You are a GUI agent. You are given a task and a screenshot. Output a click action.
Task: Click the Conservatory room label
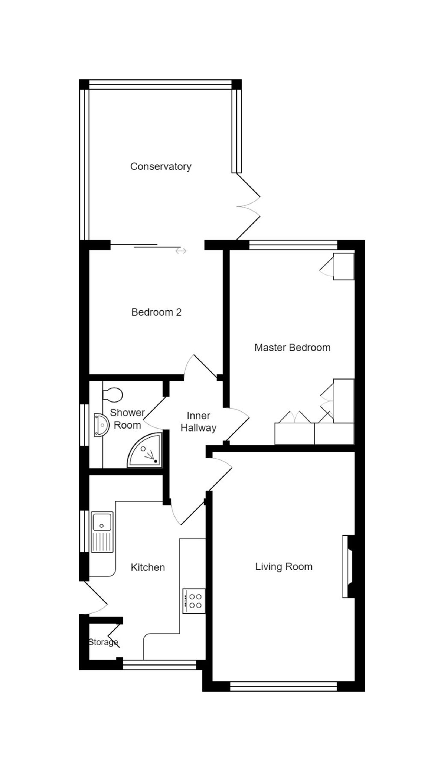coord(160,166)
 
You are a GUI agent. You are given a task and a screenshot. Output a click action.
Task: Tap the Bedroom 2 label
coord(156,312)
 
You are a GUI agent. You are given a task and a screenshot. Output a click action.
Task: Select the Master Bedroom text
coord(292,347)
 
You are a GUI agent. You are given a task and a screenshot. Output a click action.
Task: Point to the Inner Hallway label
coord(198,421)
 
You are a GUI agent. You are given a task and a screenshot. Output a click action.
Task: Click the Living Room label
coord(284,567)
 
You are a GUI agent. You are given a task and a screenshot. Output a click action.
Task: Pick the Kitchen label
coord(148,567)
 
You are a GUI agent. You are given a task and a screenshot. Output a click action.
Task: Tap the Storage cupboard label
coord(103,642)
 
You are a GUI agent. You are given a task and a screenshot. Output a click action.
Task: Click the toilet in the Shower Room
coord(113,394)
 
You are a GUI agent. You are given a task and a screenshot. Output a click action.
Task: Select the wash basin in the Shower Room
coord(101,425)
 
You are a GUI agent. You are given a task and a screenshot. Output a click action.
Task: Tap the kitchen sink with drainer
coord(102,532)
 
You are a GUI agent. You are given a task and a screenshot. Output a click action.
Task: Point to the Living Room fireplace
coord(348,566)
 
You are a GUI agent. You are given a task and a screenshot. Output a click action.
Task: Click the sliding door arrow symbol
coord(181,251)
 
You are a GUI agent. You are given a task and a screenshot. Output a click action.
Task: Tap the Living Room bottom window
coord(284,687)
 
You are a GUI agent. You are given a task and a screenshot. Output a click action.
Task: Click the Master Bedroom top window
coord(293,245)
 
